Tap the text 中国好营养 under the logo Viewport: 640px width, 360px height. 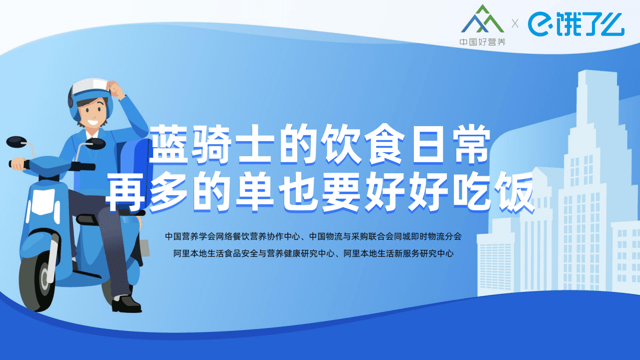pos(482,42)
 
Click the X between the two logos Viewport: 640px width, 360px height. pos(515,23)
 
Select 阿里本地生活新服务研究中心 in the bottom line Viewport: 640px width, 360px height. pos(398,254)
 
